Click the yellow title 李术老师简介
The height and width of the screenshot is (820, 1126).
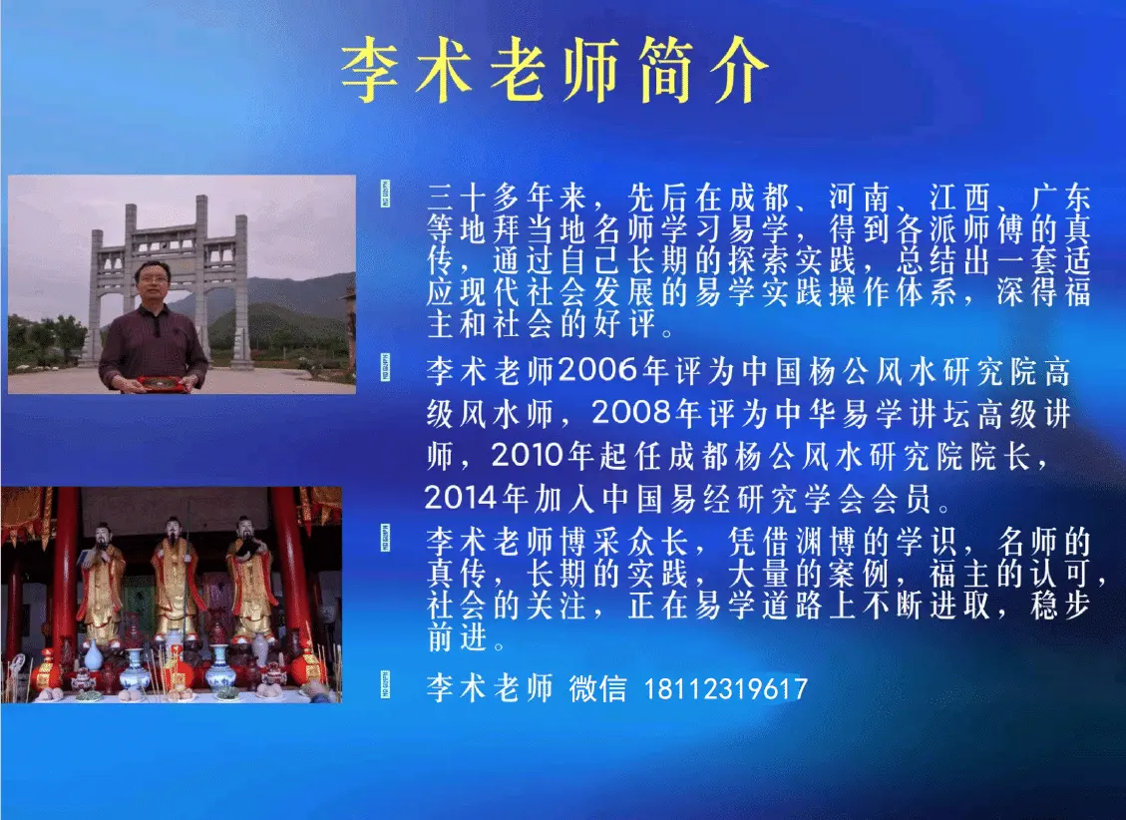point(555,69)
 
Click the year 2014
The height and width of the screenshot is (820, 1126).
point(462,498)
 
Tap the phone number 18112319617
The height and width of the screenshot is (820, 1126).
point(725,689)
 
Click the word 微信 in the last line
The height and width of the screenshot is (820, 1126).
point(597,688)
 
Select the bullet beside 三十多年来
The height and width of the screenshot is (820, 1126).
point(385,194)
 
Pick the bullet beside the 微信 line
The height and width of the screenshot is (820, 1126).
point(385,684)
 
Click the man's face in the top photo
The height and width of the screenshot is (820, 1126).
point(154,282)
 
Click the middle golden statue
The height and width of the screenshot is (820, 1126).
point(174,578)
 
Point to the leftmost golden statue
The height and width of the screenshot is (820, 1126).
point(101,583)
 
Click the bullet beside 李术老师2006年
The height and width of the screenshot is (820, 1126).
point(385,367)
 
